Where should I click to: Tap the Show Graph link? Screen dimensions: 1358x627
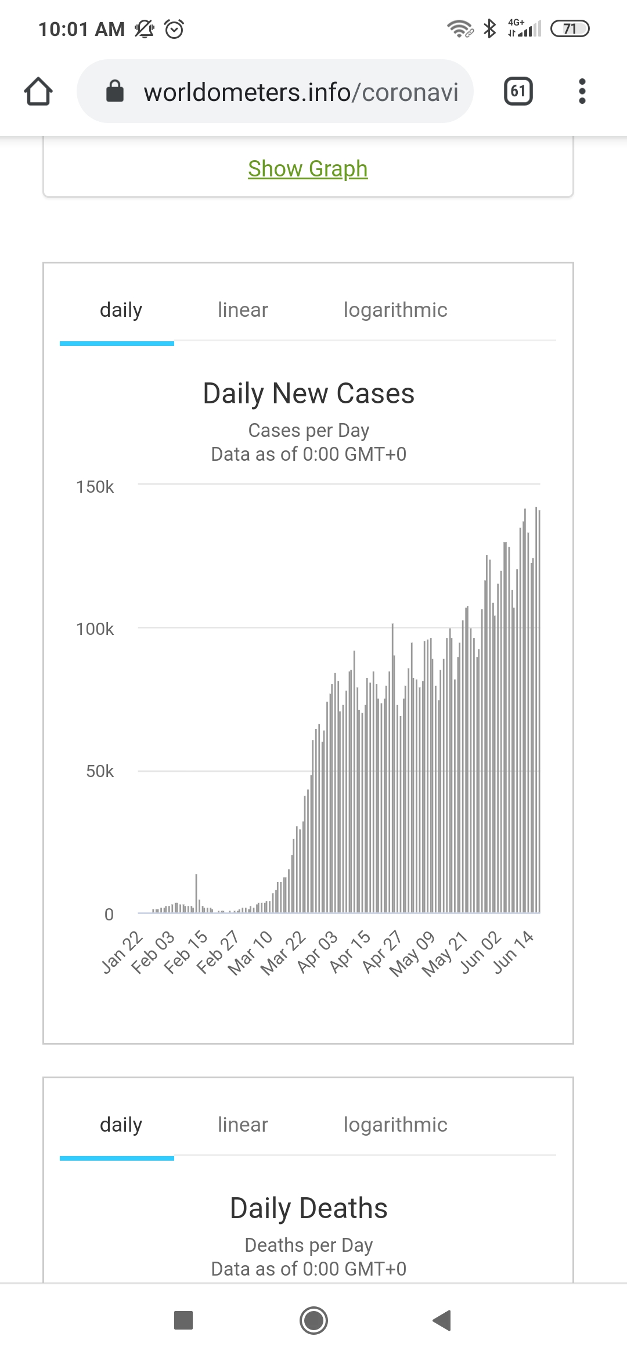308,169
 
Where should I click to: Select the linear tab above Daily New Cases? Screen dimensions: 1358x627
243,310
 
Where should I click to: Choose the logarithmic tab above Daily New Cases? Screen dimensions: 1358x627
395,310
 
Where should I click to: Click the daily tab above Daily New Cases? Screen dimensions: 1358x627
121,310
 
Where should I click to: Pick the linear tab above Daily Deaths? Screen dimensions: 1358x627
243,1125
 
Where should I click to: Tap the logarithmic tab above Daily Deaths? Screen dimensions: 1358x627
395,1125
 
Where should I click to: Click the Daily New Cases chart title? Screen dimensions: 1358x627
308,393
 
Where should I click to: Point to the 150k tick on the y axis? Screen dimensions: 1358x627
95,487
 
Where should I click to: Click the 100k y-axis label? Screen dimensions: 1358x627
95,629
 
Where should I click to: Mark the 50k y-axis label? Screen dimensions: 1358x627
100,771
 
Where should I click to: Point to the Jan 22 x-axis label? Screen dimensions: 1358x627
122,952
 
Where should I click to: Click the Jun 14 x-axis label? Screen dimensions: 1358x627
513,952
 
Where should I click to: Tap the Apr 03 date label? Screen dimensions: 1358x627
317,952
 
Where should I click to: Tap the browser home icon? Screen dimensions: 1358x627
38,92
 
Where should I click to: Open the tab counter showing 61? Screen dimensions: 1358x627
518,91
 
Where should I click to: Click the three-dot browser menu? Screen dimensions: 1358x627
582,91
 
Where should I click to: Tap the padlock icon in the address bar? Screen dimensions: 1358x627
115,91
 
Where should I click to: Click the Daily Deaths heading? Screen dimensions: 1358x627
308,1208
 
